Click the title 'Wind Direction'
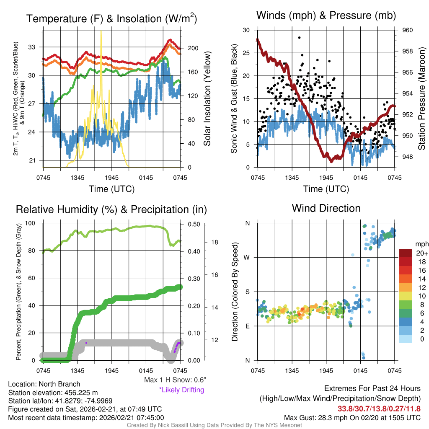click(x=326, y=208)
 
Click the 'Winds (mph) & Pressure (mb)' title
click(x=326, y=16)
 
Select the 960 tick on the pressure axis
click(x=408, y=30)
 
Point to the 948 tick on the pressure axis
click(x=408, y=157)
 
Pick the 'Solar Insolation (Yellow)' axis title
click(x=207, y=99)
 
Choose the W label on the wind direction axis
click(x=247, y=257)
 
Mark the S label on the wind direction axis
click(x=247, y=292)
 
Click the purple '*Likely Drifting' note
click(x=181, y=390)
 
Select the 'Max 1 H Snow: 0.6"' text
click(x=175, y=380)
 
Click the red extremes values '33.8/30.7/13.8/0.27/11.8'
click(x=379, y=408)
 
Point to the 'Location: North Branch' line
click(x=44, y=384)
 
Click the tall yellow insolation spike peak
click(x=101, y=31)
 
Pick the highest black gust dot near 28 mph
click(x=299, y=37)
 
